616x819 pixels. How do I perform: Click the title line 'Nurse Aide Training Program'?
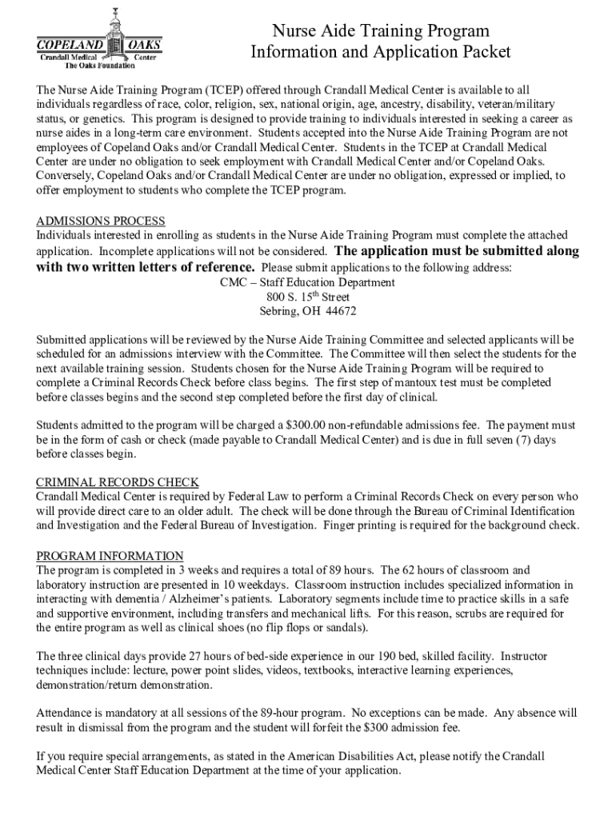pos(379,31)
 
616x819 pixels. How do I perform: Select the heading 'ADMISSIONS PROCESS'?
pos(101,221)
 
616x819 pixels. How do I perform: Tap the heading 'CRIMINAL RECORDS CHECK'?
pos(118,482)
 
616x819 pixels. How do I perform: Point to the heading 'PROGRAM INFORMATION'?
pos(110,556)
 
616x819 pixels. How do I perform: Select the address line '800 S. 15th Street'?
pos(307,297)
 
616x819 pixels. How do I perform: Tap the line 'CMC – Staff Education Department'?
pos(307,282)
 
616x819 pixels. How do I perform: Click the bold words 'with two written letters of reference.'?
pos(146,267)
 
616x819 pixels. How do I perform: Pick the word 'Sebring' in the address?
pos(278,311)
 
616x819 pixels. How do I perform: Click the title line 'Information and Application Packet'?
pos(380,53)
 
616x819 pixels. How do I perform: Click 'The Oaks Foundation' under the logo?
pos(100,66)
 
